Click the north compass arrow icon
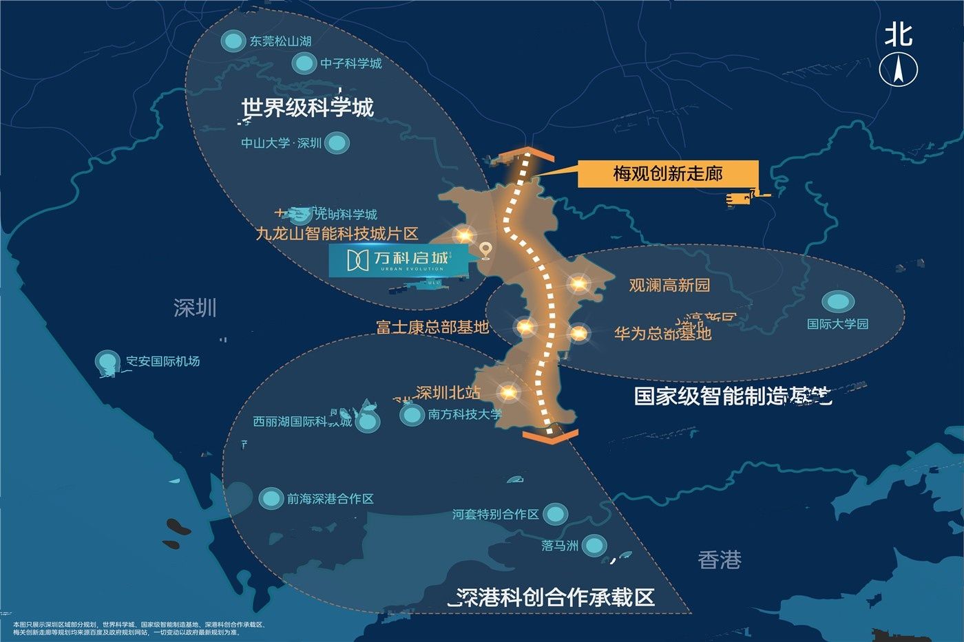[x=899, y=69]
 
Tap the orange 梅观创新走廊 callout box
[x=667, y=174]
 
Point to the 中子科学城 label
[x=350, y=63]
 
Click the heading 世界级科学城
[x=308, y=108]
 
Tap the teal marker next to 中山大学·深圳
[x=337, y=143]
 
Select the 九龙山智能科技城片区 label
[x=337, y=233]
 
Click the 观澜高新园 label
[x=669, y=285]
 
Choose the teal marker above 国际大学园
[x=838, y=301]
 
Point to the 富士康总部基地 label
[x=432, y=327]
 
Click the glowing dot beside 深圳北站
[x=508, y=392]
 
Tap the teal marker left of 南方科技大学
[x=412, y=414]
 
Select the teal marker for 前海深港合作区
[x=271, y=498]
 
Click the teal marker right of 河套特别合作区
[x=555, y=513]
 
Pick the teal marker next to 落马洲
[x=594, y=546]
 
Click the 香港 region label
[x=720, y=560]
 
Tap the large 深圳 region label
[x=195, y=308]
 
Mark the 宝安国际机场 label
[x=163, y=361]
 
